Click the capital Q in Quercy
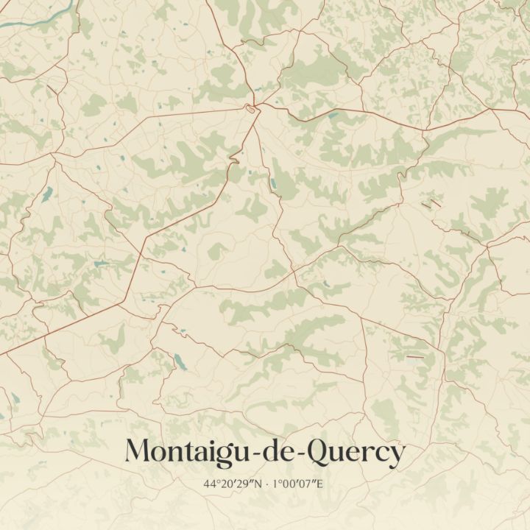pyautogui.click(x=316, y=451)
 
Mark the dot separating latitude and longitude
pyautogui.click(x=266, y=484)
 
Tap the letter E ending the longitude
pyautogui.click(x=321, y=484)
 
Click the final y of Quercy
pyautogui.click(x=396, y=455)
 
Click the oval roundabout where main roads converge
pyautogui.click(x=252, y=109)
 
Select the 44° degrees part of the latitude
pyautogui.click(x=213, y=484)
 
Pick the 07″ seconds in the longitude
pyautogui.click(x=311, y=484)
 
